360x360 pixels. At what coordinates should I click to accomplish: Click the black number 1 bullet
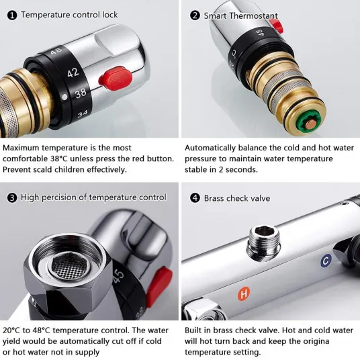tap(12, 15)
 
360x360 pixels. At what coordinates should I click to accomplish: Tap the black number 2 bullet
tap(195, 15)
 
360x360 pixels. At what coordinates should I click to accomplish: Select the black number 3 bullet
tap(12, 198)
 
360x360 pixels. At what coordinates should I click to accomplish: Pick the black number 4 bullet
tap(195, 197)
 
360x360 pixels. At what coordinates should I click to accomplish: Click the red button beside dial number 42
tap(116, 79)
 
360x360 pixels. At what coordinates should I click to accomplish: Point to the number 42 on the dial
tap(73, 73)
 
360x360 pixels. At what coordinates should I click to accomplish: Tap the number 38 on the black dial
tap(81, 93)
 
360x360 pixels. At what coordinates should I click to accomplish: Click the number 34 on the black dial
tap(83, 114)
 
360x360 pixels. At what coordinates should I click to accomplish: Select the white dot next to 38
tap(64, 97)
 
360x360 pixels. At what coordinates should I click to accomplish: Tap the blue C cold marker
tap(326, 261)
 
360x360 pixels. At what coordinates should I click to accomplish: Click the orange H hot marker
tap(244, 294)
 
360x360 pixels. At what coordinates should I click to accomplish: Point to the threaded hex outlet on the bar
tap(264, 243)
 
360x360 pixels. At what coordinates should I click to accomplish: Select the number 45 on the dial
tap(118, 277)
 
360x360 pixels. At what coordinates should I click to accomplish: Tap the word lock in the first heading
tap(110, 15)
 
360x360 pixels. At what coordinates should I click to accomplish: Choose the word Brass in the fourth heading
tap(214, 198)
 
